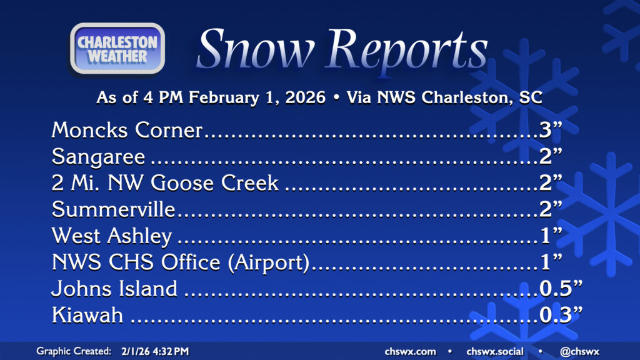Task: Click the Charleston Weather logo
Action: [117, 49]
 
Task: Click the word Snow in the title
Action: [256, 48]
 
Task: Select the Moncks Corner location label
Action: [127, 130]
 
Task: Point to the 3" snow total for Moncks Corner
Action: [551, 130]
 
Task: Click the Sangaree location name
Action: [98, 157]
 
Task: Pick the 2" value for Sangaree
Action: [551, 156]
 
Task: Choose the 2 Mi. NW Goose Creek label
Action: [165, 183]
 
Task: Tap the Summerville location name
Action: [114, 209]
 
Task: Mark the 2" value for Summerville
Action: [551, 209]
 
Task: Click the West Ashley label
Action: [112, 236]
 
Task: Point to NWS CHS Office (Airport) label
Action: [181, 262]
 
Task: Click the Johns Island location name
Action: [114, 289]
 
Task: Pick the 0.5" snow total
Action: [561, 288]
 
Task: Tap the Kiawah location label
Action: [87, 315]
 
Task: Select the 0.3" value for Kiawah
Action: [561, 315]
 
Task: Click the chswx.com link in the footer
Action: [410, 351]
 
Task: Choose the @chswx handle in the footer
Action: [579, 351]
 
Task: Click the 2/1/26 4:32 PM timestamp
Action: [155, 351]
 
